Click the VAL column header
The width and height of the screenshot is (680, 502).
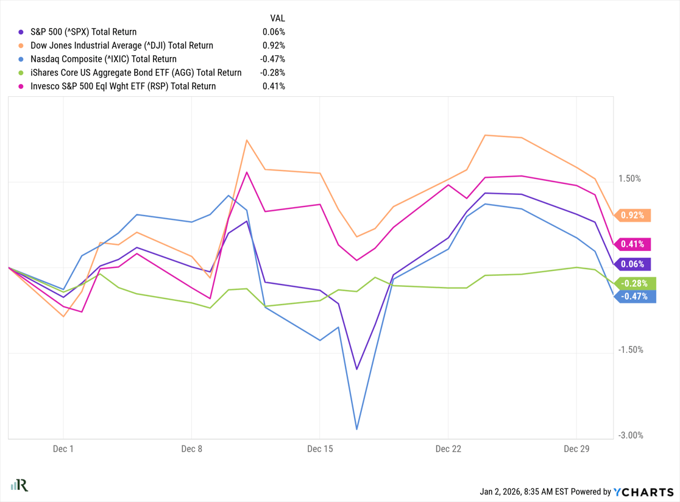[x=277, y=18]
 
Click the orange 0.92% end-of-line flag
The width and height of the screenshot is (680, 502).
[x=634, y=215]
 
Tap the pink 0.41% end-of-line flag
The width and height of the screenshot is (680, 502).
[x=634, y=244]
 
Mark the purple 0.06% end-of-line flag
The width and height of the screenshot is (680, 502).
[x=634, y=264]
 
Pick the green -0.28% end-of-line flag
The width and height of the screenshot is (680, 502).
[x=636, y=283]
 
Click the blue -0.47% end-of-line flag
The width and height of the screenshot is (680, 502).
[x=636, y=297]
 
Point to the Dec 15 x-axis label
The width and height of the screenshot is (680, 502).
[x=320, y=449]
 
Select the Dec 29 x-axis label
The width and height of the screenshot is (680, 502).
[x=576, y=449]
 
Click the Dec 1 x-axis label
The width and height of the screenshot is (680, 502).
[x=63, y=449]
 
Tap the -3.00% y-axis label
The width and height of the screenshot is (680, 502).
[x=629, y=436]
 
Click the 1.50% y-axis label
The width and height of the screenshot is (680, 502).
[x=629, y=179]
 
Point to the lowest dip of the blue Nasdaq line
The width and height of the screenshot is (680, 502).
[x=356, y=429]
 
